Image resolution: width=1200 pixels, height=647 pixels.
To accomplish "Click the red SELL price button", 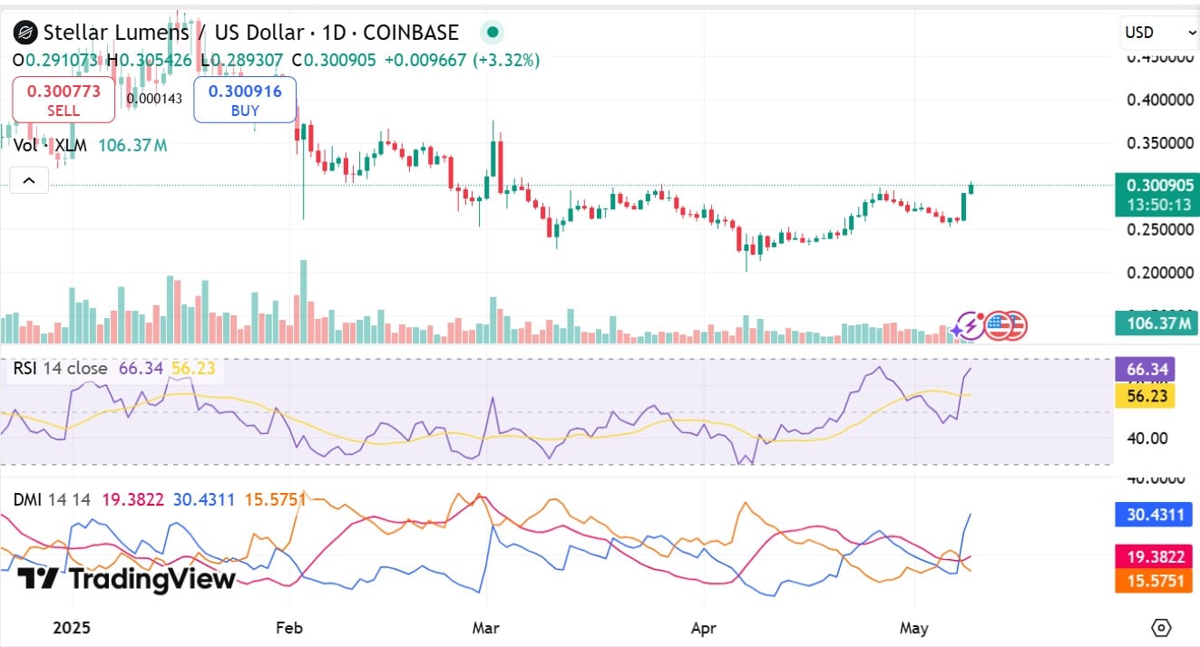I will click(x=63, y=100).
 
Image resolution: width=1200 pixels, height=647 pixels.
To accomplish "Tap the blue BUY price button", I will click(x=245, y=100).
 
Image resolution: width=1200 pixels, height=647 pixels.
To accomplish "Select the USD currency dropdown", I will click(x=1160, y=33).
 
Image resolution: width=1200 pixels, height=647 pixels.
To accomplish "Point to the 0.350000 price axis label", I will click(x=1160, y=143).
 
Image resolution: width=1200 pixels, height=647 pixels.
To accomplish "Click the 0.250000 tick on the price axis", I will click(x=1160, y=229).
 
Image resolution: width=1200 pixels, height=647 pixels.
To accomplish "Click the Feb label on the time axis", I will click(x=289, y=627).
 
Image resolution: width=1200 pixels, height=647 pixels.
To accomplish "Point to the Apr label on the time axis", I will click(x=704, y=627).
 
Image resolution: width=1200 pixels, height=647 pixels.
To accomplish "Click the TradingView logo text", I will click(x=127, y=578).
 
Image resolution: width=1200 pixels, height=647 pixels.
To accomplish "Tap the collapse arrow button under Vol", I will click(x=29, y=180).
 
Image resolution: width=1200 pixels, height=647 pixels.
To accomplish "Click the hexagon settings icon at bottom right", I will click(x=1161, y=627).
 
